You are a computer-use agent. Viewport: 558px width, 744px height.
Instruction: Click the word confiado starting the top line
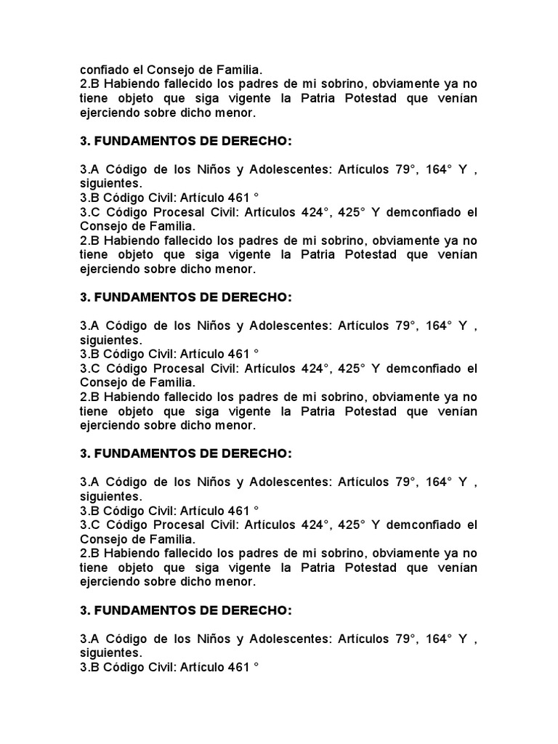coord(103,70)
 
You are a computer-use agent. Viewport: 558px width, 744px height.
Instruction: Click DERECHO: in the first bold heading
coord(250,140)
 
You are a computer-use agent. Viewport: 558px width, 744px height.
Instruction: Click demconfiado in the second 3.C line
coord(425,368)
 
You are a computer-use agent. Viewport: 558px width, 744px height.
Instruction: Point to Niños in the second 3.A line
coord(214,326)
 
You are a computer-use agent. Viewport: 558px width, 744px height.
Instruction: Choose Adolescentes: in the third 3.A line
coord(291,483)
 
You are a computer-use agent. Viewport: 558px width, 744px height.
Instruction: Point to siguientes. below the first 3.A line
coord(111,183)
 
